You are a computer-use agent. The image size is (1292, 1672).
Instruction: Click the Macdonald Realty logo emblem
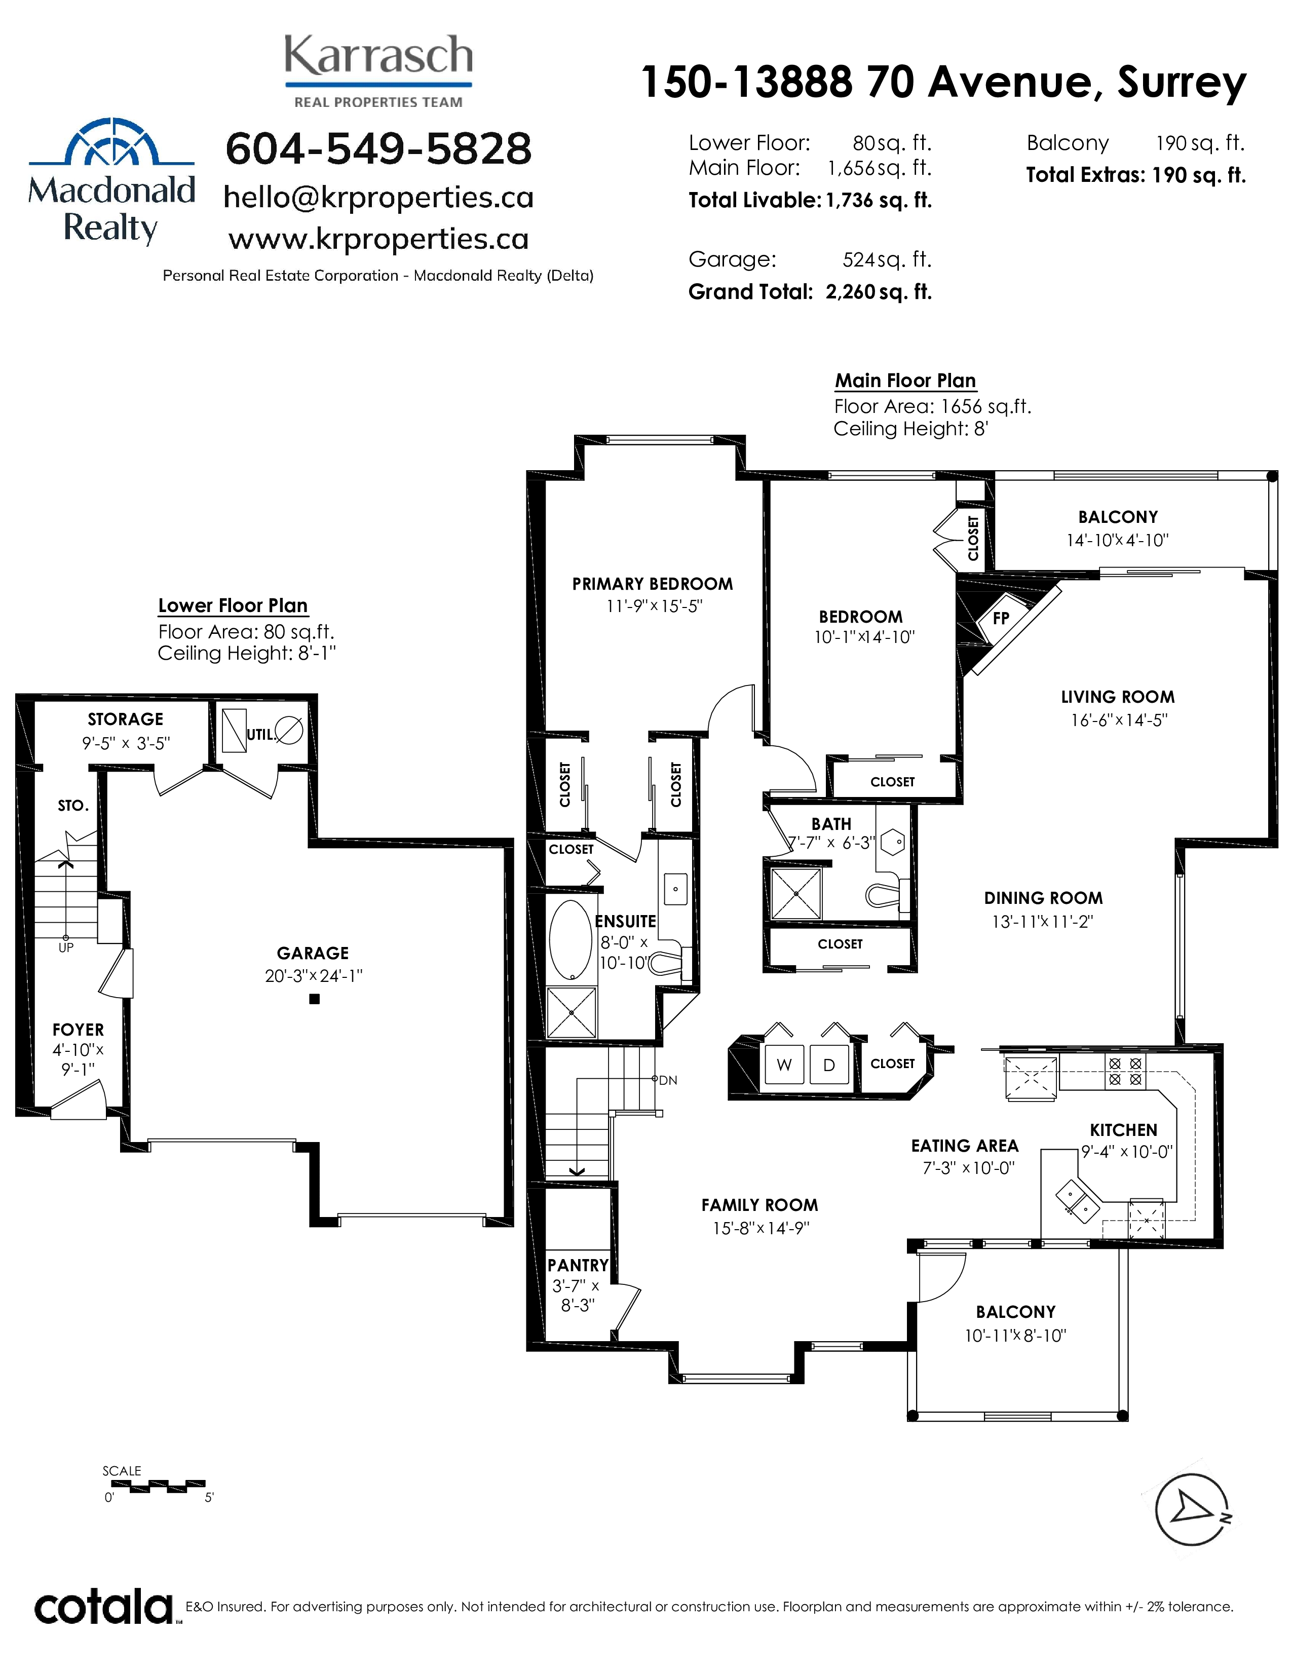tap(112, 142)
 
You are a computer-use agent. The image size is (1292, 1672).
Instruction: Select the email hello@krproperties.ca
tap(378, 198)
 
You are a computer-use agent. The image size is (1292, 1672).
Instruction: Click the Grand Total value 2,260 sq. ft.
tap(879, 292)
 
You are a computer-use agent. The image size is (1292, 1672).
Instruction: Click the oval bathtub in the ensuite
tap(571, 940)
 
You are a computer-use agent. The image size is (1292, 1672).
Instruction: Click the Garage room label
tap(313, 953)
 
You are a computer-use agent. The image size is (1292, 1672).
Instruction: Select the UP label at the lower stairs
tap(66, 948)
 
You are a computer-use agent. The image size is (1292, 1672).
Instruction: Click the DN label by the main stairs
tap(668, 1080)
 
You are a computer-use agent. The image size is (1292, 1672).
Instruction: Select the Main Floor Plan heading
tap(905, 381)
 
